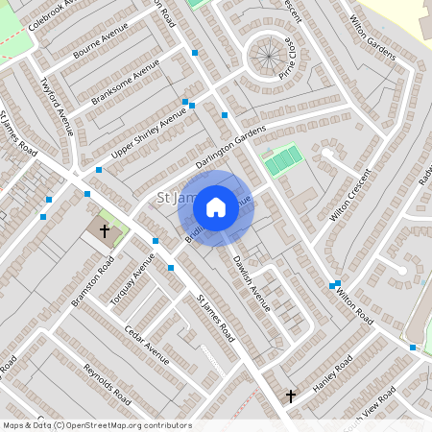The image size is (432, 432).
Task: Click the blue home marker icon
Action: [216, 207]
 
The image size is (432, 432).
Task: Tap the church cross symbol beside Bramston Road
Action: [105, 231]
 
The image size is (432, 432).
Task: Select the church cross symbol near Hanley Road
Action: [291, 395]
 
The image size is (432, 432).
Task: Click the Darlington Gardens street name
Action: [229, 150]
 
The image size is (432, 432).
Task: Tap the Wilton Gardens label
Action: [372, 37]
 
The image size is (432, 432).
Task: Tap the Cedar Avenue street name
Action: [146, 346]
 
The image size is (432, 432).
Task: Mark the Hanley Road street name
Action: [333, 373]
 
